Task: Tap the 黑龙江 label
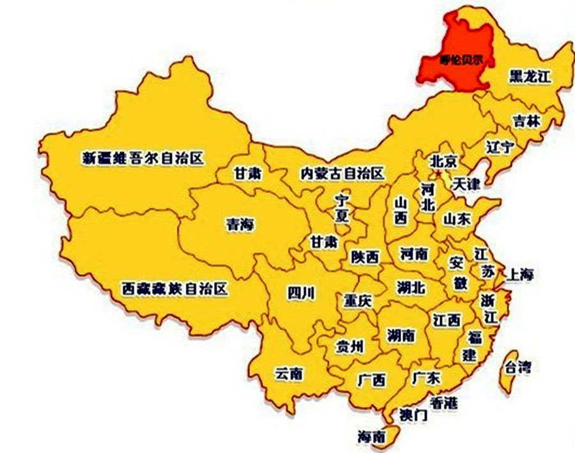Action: [x=530, y=77]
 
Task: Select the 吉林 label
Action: [x=526, y=121]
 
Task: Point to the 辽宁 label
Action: [x=500, y=147]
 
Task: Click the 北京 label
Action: [x=443, y=161]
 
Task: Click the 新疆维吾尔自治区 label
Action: [x=142, y=158]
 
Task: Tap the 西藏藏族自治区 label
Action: [x=174, y=289]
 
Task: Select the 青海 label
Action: [x=240, y=224]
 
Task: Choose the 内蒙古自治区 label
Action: [x=342, y=173]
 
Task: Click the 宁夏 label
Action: [x=342, y=208]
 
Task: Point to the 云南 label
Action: [x=289, y=374]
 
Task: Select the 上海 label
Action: [x=519, y=275]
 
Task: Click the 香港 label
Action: [x=443, y=403]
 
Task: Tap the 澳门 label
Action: [x=412, y=415]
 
